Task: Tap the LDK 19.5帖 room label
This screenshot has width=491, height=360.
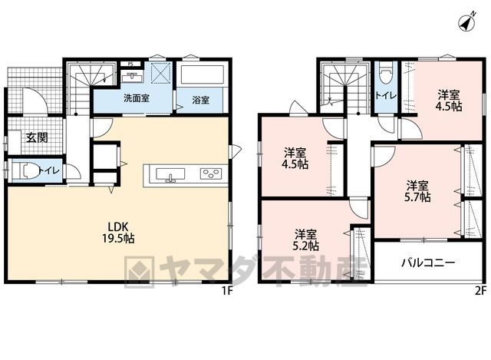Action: click(x=118, y=232)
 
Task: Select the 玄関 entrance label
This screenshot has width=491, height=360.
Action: click(x=37, y=137)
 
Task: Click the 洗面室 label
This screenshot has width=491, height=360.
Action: click(x=137, y=98)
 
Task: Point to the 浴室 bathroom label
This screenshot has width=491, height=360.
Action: click(x=200, y=101)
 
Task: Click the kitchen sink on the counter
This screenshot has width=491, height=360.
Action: click(x=170, y=174)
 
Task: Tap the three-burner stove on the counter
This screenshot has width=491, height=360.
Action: click(x=211, y=173)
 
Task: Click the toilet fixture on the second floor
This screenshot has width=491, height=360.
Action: click(x=385, y=71)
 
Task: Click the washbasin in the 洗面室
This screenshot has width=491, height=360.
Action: click(x=132, y=76)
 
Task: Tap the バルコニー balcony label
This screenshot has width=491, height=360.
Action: click(x=428, y=263)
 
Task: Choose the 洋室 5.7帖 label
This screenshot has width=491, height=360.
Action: click(x=417, y=191)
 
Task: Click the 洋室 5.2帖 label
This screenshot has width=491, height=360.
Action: click(x=306, y=240)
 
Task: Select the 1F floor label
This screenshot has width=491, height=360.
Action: click(x=227, y=291)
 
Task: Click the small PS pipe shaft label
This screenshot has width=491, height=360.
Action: click(x=130, y=64)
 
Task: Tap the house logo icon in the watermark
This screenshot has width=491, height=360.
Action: click(x=140, y=272)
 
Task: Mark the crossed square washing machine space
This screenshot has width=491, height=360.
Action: click(x=160, y=73)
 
